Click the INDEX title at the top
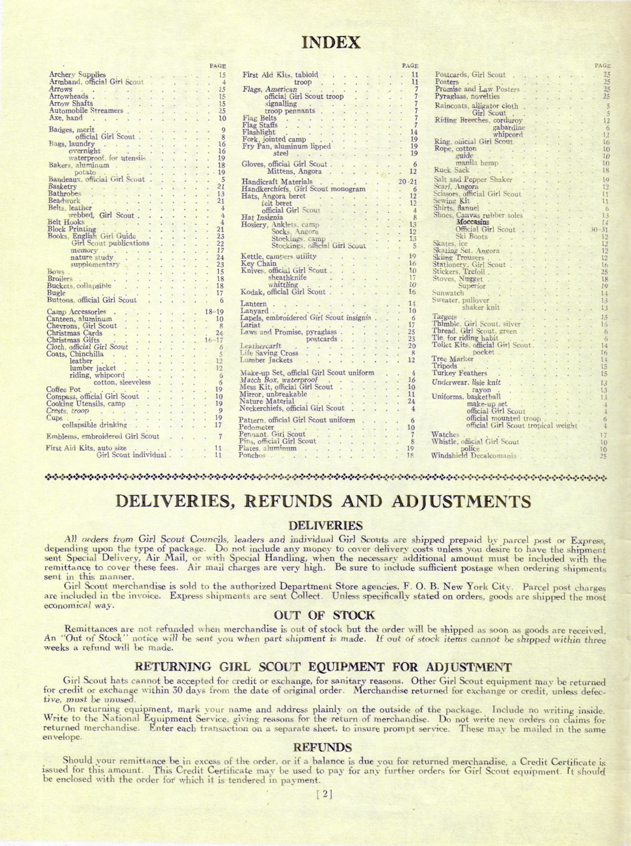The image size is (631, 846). (331, 42)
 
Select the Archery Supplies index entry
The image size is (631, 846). (77, 74)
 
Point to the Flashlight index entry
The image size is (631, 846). (259, 132)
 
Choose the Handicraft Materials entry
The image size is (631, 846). (277, 182)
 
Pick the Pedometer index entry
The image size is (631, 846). (256, 427)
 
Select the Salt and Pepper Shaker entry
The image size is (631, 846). (473, 179)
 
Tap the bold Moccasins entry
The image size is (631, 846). (472, 222)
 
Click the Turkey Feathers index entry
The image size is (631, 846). (459, 373)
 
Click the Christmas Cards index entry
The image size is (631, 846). (74, 333)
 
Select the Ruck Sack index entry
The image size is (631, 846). (451, 170)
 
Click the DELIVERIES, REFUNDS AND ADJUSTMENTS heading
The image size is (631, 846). (323, 501)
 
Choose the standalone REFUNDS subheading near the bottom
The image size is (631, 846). (323, 747)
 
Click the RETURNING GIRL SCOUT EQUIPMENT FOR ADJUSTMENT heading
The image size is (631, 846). (323, 667)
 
